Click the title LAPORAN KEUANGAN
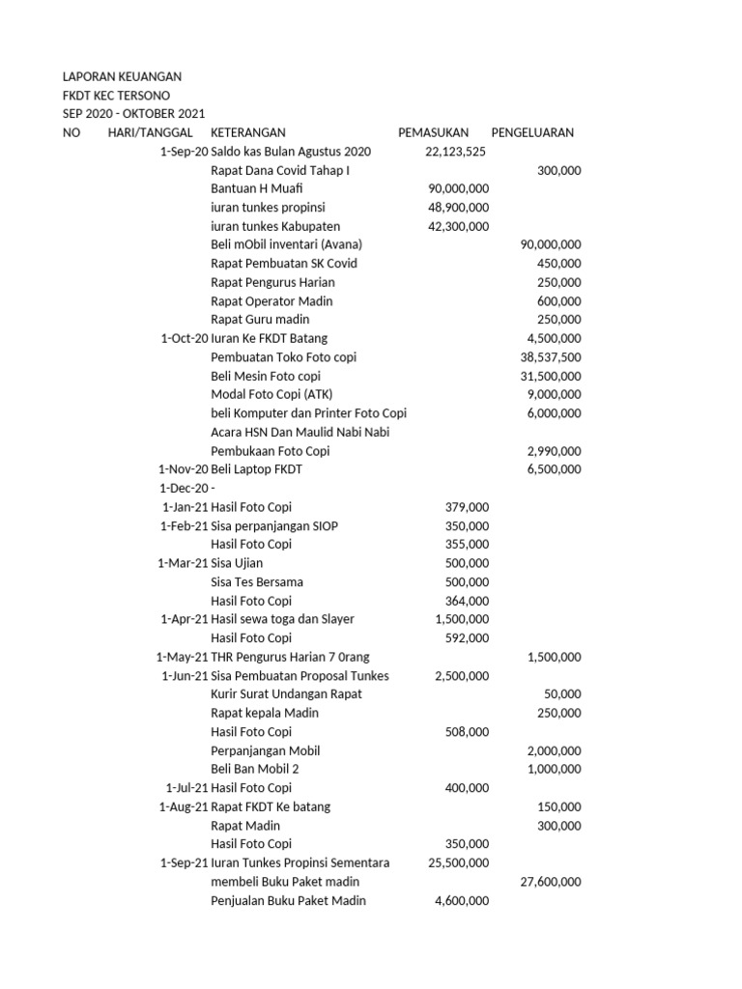click(122, 76)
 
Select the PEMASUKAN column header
click(434, 132)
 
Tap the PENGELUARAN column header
click(532, 132)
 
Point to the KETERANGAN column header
click(248, 132)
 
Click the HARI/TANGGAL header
click(150, 132)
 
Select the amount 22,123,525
click(455, 152)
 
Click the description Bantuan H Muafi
click(251, 188)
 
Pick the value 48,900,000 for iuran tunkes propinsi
click(458, 208)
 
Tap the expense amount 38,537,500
click(551, 357)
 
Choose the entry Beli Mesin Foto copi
click(266, 376)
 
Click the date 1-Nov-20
click(183, 469)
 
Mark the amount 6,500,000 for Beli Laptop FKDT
click(554, 469)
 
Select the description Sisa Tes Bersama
click(257, 581)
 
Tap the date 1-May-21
click(182, 657)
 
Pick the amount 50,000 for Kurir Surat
click(562, 694)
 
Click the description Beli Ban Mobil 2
click(255, 769)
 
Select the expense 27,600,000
click(551, 882)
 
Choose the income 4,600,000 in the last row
click(462, 901)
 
